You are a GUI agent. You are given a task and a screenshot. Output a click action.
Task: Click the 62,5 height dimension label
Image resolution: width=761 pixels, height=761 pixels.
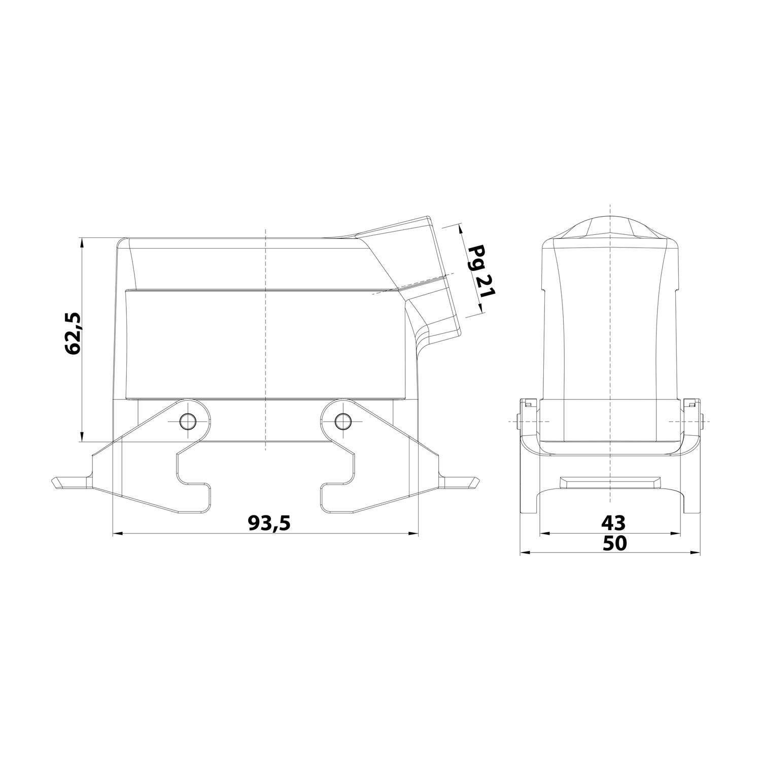point(72,333)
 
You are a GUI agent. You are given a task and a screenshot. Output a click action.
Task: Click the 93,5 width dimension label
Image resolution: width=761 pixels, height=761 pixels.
point(269,522)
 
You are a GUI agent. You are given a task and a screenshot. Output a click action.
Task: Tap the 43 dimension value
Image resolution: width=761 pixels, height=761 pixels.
point(613,522)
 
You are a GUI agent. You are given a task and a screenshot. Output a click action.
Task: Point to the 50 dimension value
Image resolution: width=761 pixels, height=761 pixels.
point(614,543)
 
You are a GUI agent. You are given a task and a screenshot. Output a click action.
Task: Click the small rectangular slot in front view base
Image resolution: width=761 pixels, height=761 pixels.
point(610,480)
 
